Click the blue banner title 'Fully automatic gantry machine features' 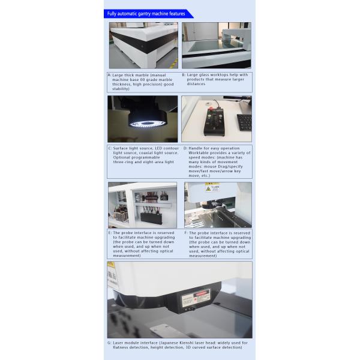tap(146, 13)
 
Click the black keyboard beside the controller tap(244, 122)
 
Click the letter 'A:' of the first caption tap(109, 75)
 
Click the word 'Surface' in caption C tap(121, 148)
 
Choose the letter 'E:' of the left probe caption tap(109, 232)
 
